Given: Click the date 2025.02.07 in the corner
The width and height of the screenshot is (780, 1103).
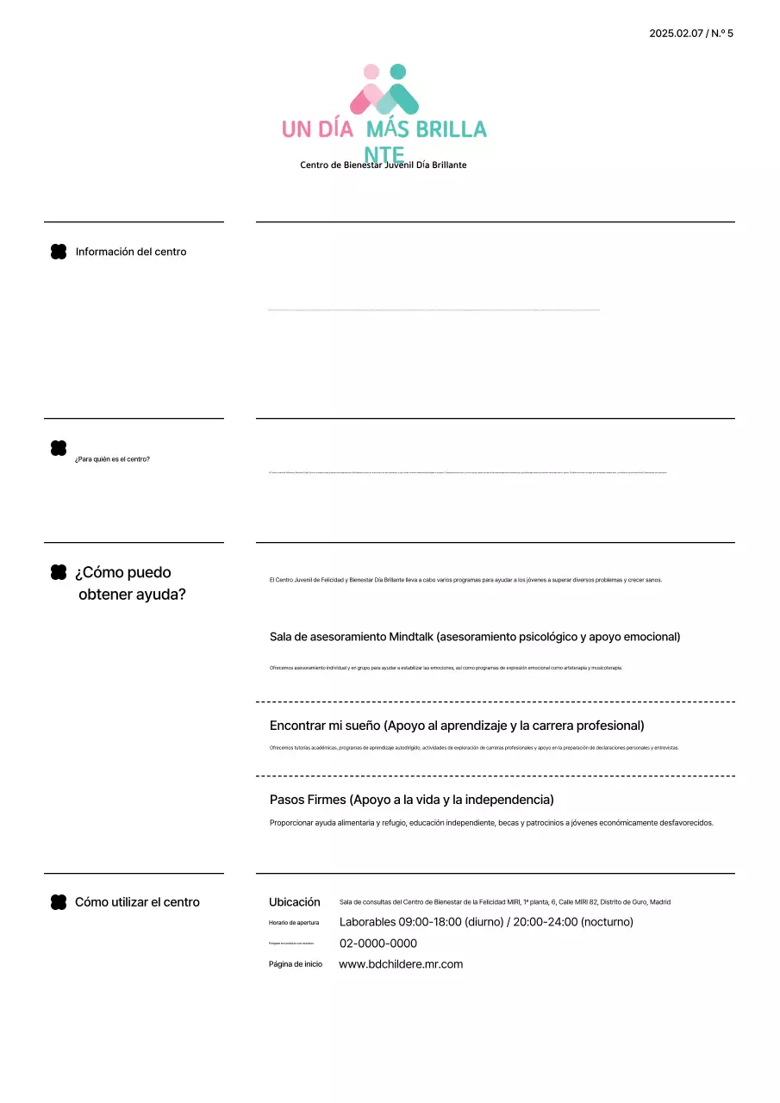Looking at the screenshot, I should (676, 34).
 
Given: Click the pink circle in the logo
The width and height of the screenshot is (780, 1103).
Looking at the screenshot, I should (371, 72).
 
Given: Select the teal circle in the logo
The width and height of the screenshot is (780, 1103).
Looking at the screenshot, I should (397, 72).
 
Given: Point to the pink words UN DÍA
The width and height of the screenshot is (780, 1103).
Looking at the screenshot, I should (317, 129).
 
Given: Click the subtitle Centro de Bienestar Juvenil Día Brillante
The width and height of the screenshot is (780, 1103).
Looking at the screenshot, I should (383, 165).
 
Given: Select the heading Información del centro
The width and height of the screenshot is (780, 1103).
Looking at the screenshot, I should (131, 252).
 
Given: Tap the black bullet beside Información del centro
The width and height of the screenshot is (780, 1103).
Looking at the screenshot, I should (59, 252).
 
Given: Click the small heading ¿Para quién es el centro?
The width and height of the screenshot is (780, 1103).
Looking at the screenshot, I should (112, 459).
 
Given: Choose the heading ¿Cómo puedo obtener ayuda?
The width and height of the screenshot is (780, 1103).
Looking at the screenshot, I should (129, 583).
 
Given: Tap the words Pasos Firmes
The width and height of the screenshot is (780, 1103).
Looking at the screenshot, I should (308, 800).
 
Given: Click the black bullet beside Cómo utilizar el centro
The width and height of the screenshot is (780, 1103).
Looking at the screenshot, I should (59, 902).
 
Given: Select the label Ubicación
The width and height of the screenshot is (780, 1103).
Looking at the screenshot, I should (294, 902).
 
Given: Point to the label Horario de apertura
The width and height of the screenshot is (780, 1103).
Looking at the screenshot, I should (294, 923).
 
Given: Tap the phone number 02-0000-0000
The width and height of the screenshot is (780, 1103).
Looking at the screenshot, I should (378, 944).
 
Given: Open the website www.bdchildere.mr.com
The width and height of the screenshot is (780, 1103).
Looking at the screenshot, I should (401, 964).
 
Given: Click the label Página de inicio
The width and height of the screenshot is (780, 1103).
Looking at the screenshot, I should (295, 964).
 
